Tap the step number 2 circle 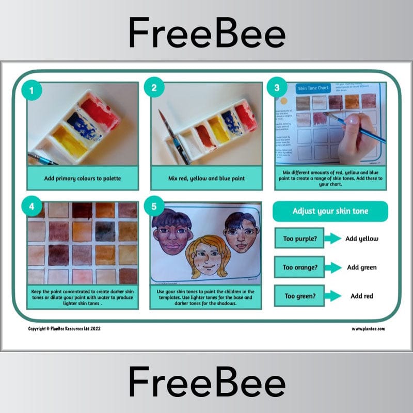point(153,87)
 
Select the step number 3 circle point(277,87)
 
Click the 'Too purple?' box point(299,239)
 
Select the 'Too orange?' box point(299,267)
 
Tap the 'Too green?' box point(299,296)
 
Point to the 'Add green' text point(362,267)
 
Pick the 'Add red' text point(362,296)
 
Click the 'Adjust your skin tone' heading point(330,211)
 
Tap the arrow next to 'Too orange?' point(334,267)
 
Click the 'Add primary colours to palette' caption point(83,178)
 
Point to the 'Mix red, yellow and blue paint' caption point(206,178)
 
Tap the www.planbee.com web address point(369,329)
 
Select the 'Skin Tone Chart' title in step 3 point(313,88)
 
